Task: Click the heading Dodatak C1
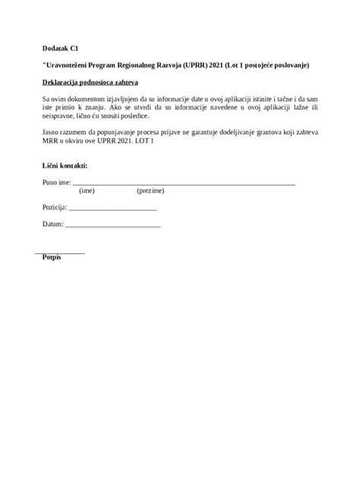61,47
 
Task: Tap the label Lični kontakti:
65,165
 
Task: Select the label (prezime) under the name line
150,191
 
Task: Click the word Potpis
52,258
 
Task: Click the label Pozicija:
55,206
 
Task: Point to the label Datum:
53,225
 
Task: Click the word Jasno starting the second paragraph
52,132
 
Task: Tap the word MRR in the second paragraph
52,141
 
